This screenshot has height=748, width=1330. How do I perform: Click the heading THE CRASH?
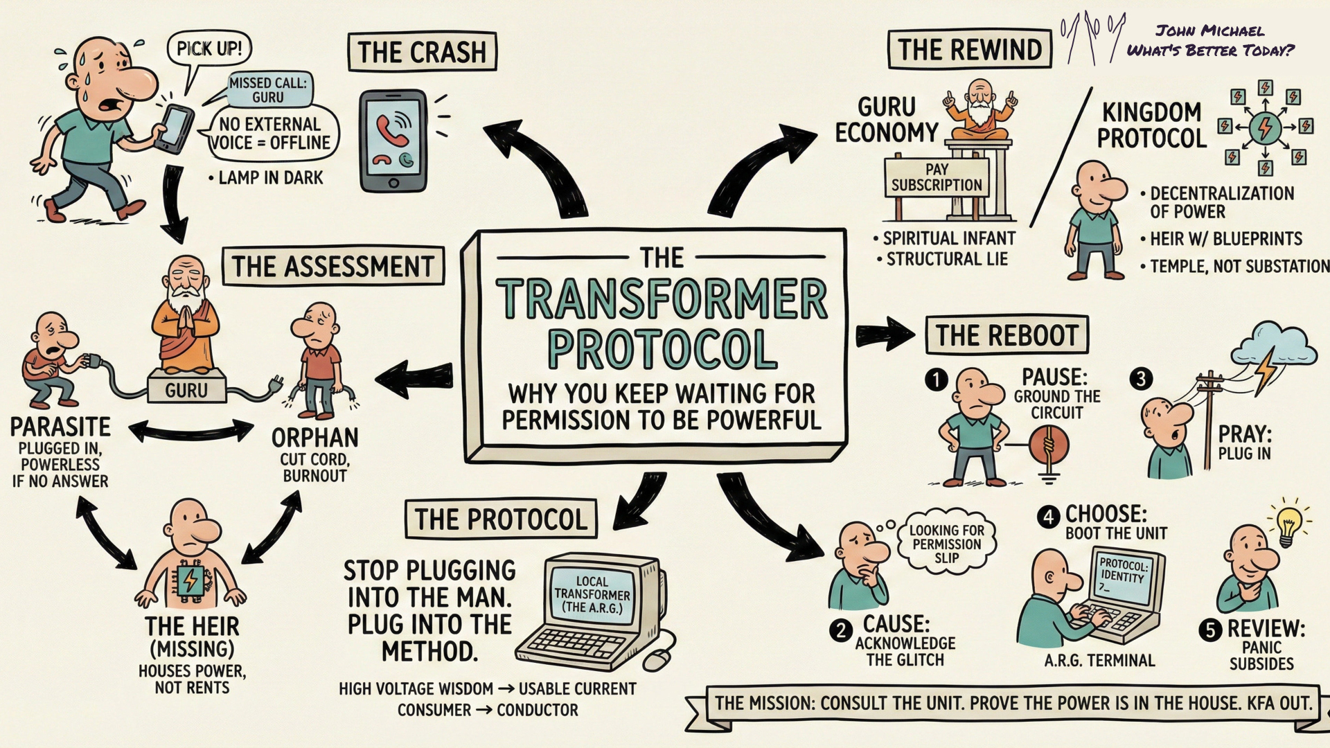coord(422,52)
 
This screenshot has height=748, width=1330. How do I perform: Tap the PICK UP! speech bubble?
coord(209,48)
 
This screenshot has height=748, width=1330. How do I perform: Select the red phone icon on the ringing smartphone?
coord(388,129)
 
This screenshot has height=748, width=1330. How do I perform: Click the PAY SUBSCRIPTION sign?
coord(937,177)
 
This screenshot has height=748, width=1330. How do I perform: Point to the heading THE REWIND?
coord(969,50)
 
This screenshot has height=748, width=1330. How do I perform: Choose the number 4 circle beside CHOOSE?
coord(1048,517)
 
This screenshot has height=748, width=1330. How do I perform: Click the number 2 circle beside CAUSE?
coord(841,630)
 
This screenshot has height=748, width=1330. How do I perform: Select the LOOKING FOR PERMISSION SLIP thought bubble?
coord(946,543)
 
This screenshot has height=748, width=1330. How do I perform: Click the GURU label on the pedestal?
coord(186,391)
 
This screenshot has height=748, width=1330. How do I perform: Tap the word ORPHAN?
coord(314,438)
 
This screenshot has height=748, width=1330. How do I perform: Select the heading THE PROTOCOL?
coord(500,519)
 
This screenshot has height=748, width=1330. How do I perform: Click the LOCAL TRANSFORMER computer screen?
coord(592,594)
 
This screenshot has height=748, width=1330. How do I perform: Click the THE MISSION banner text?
coord(1013,704)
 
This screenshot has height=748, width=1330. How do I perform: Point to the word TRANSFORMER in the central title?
coord(662,299)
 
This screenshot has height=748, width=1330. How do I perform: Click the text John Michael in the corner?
coord(1209,31)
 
